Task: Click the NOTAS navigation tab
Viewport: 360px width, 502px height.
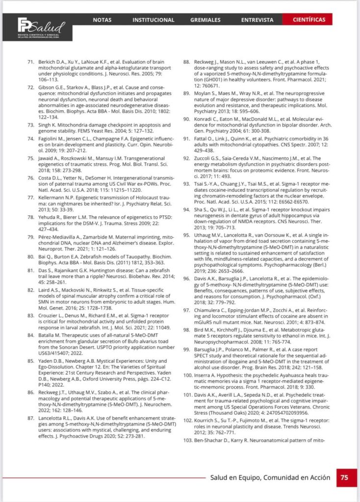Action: point(102,20)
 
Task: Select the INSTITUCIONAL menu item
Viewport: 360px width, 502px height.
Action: point(153,20)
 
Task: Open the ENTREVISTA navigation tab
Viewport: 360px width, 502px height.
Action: point(257,20)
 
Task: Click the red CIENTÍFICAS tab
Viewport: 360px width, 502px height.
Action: point(309,20)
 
